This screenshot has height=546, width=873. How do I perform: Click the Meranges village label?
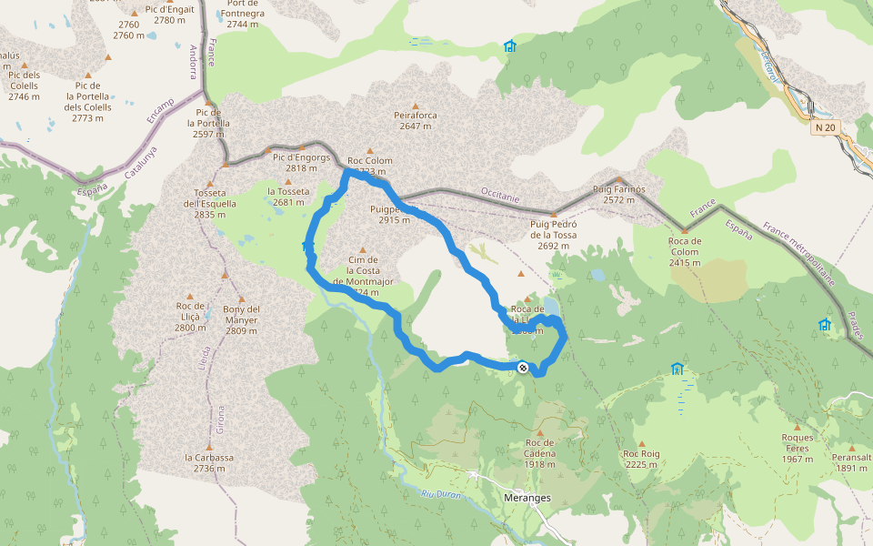pyautogui.click(x=527, y=498)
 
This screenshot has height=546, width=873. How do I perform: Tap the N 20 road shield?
pyautogui.click(x=825, y=128)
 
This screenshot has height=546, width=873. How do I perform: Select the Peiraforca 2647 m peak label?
pyautogui.click(x=416, y=120)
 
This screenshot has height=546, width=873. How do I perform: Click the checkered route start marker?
pyautogui.click(x=523, y=368)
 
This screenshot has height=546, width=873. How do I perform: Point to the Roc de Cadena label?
pyautogui.click(x=540, y=453)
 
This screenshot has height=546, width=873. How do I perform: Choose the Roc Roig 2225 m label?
pyautogui.click(x=641, y=459)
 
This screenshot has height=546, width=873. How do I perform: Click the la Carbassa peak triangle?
pyautogui.click(x=209, y=447)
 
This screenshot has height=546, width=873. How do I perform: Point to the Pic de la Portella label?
pyautogui.click(x=208, y=123)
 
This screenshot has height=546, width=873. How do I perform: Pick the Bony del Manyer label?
pyautogui.click(x=241, y=314)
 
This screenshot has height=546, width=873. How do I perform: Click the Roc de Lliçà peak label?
pyautogui.click(x=191, y=317)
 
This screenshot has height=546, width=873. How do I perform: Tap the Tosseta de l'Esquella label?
pyautogui.click(x=216, y=203)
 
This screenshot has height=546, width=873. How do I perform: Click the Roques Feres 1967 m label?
pyautogui.click(x=797, y=448)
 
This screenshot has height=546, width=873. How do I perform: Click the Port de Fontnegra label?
pyautogui.click(x=236, y=13)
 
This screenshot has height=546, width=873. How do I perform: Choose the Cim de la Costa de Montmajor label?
pyautogui.click(x=363, y=276)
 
